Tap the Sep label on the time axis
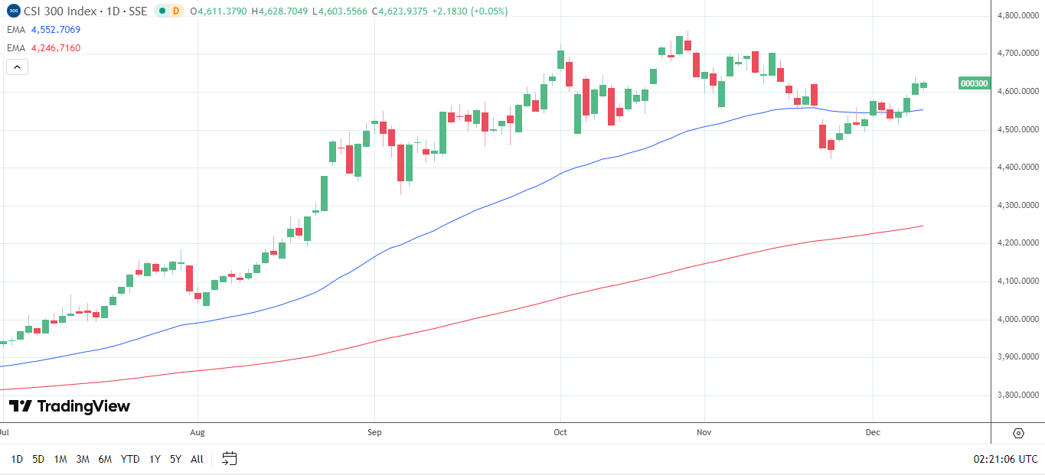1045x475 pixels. point(374,432)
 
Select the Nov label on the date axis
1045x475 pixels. point(704,432)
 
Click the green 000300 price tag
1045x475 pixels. point(974,83)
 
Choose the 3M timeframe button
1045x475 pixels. point(83,459)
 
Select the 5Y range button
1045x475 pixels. point(175,459)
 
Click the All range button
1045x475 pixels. point(197,459)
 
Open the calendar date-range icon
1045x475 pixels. point(230,459)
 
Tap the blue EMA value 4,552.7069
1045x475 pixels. point(56,30)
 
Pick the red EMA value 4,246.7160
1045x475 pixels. point(56,48)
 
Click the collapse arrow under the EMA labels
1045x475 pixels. point(17,67)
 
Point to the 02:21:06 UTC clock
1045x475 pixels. point(1005,459)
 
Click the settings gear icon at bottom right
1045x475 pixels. point(1018,433)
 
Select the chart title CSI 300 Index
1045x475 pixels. point(63,11)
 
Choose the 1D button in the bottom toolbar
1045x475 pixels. point(16,459)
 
